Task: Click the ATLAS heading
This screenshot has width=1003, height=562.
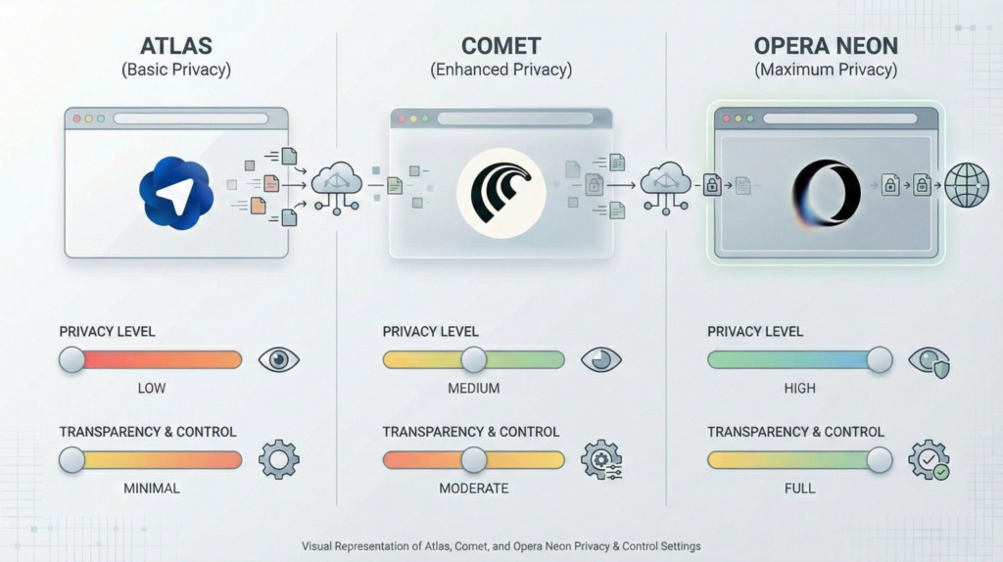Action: click(x=176, y=46)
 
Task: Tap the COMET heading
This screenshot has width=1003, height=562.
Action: click(x=501, y=46)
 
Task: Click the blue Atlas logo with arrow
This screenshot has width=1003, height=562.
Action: click(x=176, y=193)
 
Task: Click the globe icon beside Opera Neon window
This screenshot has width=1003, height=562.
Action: click(x=966, y=184)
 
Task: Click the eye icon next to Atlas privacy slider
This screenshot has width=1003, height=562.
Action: click(x=279, y=360)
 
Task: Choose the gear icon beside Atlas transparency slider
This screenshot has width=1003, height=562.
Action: click(x=279, y=458)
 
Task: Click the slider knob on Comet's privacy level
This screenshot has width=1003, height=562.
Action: click(x=474, y=360)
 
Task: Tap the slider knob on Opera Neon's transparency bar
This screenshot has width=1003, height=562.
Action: click(x=880, y=459)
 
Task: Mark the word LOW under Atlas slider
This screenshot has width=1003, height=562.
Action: click(x=152, y=389)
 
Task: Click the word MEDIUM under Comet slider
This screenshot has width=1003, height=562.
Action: click(x=474, y=389)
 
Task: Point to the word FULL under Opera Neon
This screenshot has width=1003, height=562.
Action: click(x=799, y=488)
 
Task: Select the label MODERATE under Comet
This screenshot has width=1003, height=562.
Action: click(x=474, y=488)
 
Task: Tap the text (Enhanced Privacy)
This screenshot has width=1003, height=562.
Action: click(x=501, y=70)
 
